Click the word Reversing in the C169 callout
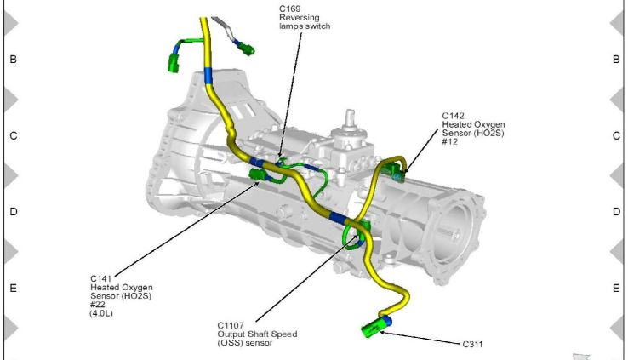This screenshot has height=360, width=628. tap(299, 17)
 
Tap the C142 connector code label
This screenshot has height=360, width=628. tap(453, 115)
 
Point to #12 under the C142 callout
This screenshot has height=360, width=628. tap(449, 140)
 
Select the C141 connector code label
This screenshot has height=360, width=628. tap(101, 278)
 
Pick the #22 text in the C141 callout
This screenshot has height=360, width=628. tap(97, 305)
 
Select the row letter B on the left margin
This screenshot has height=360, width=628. tap(13, 60)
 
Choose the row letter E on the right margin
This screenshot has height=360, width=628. tap(615, 289)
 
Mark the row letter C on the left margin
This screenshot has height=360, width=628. tap(13, 136)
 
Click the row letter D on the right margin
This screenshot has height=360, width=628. tap(615, 212)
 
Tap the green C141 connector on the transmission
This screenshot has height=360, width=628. tap(259, 175)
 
